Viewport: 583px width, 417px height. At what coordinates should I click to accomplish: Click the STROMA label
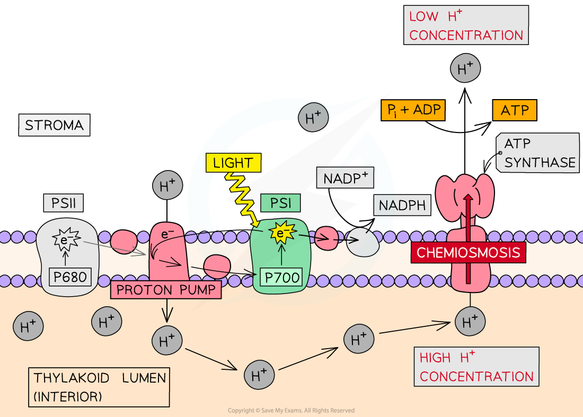(54, 125)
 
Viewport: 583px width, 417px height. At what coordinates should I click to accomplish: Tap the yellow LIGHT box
(233, 163)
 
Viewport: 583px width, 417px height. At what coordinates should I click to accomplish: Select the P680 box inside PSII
(68, 277)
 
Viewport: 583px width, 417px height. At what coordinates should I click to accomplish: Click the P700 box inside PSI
(280, 277)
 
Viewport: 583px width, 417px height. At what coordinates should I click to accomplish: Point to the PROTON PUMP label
(165, 290)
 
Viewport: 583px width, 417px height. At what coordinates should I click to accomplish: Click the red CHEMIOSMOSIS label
(468, 252)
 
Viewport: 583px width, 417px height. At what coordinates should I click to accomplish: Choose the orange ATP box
(515, 110)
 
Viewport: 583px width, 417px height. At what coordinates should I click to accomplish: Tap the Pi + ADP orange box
(412, 110)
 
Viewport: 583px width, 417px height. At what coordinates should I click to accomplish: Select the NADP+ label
(346, 178)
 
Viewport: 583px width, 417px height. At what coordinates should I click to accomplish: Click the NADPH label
(403, 205)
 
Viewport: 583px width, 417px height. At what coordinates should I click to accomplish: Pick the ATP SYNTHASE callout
(538, 153)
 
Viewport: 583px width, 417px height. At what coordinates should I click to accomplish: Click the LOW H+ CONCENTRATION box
(466, 25)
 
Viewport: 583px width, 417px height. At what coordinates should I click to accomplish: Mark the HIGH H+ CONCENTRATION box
(476, 367)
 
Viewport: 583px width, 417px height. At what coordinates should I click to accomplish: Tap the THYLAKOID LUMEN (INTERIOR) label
(99, 387)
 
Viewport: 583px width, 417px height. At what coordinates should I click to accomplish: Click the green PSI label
(280, 202)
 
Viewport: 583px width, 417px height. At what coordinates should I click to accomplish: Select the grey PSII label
(64, 202)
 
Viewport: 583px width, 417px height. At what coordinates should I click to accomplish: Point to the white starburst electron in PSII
(65, 240)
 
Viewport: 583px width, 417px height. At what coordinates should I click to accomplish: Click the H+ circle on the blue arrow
(313, 118)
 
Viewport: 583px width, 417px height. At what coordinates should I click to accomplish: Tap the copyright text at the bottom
(291, 411)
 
